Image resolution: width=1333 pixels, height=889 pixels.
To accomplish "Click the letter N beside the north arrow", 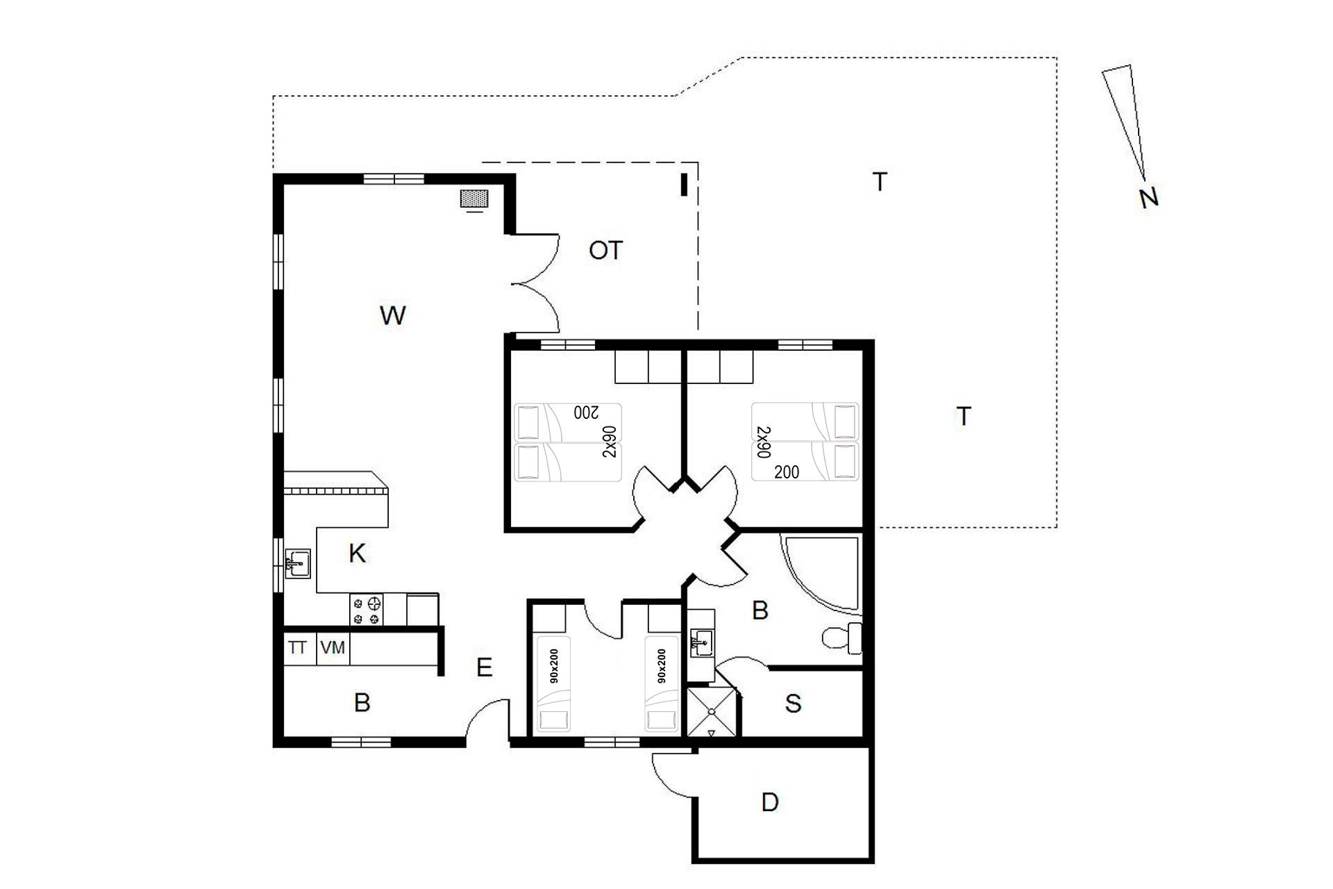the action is click(1149, 198).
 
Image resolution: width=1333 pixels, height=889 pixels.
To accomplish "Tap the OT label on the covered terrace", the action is click(605, 250).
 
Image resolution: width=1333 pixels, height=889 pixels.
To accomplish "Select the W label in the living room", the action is click(392, 315).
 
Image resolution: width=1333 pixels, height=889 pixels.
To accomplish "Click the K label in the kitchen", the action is click(357, 554).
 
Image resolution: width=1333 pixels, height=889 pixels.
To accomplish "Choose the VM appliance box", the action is click(333, 649).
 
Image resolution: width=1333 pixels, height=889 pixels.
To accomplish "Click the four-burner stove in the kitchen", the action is click(367, 610).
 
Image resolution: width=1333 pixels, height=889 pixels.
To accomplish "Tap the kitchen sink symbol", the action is click(298, 563).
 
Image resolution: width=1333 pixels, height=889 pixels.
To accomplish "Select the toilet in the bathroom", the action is click(842, 638).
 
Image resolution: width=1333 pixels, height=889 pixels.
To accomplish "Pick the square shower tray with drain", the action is click(711, 712).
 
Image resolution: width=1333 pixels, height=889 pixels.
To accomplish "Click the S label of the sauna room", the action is click(793, 704).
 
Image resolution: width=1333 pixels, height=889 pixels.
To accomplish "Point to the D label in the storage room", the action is click(770, 803).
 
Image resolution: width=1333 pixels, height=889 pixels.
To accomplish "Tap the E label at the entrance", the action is click(484, 667).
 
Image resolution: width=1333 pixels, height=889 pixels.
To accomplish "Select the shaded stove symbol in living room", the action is click(475, 199).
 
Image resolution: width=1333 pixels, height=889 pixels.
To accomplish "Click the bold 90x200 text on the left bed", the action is click(554, 667).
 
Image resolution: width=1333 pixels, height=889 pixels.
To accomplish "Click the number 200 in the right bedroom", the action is click(787, 472).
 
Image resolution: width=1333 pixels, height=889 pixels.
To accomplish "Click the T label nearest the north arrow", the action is click(880, 182).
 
